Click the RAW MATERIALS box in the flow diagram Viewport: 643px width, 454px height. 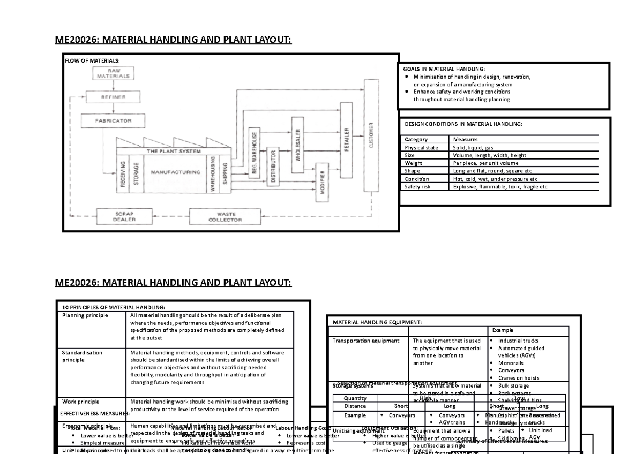(x=113, y=74)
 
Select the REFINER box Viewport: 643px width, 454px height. (x=113, y=97)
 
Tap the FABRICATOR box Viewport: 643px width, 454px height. (x=113, y=121)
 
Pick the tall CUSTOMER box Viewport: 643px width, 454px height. (x=371, y=135)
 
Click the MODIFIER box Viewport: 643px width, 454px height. (x=323, y=182)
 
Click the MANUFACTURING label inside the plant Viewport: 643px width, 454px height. (x=175, y=172)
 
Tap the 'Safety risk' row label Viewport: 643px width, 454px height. (x=417, y=187)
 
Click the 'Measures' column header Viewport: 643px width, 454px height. (x=465, y=140)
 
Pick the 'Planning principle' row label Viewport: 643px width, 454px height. (x=85, y=316)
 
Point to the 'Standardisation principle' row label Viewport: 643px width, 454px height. (x=82, y=357)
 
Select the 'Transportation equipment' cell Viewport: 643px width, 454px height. (x=366, y=340)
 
